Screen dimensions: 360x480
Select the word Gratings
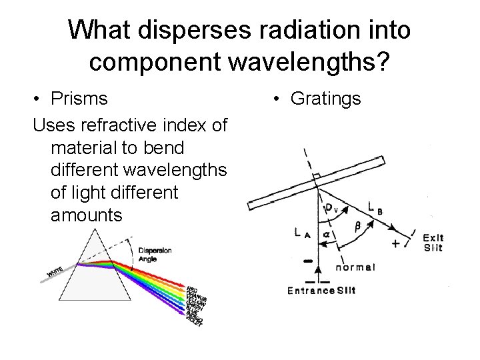point(325,99)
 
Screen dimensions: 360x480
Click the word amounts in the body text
point(86,215)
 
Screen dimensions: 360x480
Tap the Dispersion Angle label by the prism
point(155,255)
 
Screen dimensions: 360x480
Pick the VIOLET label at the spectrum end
point(195,326)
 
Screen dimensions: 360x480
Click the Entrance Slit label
point(321,290)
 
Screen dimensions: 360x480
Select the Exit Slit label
point(433,243)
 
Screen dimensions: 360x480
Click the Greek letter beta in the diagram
point(357,227)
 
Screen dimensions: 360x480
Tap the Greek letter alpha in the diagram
point(326,235)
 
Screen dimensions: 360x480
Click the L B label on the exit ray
point(375,208)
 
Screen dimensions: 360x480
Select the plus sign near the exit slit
point(396,243)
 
